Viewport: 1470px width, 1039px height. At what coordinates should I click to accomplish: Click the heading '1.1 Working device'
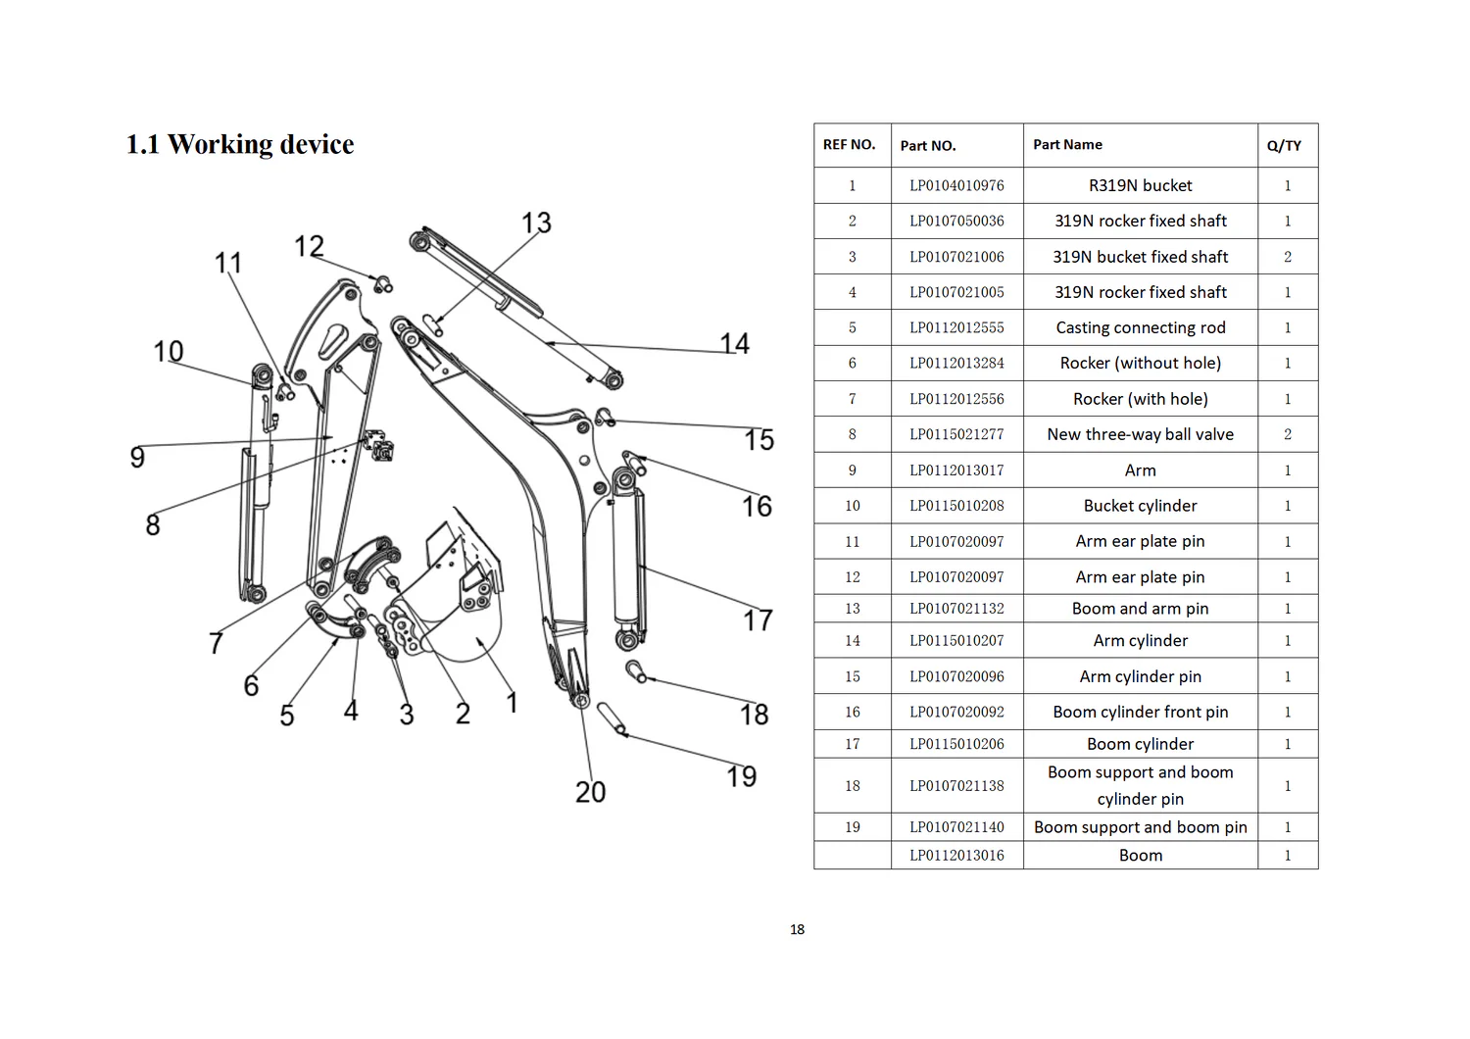coord(240,144)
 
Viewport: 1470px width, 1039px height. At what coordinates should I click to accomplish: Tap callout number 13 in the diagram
coord(536,223)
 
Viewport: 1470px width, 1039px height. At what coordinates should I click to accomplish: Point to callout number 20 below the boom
coord(590,792)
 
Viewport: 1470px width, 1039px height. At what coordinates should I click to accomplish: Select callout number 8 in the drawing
coord(153,525)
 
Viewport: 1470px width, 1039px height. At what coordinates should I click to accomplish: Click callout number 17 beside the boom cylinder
coord(758,620)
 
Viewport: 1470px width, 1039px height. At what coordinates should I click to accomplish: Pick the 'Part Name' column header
coord(1068,144)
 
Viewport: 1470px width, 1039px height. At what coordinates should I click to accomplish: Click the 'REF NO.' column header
coord(850,144)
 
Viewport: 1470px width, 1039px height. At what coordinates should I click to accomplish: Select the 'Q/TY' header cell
coord(1284,146)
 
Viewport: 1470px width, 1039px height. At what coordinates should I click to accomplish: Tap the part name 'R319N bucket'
coord(1141,186)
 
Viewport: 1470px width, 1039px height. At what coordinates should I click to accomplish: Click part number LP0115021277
coord(956,434)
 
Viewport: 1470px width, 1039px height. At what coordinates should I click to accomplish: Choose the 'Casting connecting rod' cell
coord(1141,327)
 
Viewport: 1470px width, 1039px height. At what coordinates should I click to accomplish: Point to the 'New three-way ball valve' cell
coord(1141,434)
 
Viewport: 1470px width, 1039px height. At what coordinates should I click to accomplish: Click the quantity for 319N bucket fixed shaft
coord(1288,257)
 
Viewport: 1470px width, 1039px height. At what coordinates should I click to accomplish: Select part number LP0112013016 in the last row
coord(956,856)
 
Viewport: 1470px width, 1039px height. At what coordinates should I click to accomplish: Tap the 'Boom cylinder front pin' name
coord(1141,713)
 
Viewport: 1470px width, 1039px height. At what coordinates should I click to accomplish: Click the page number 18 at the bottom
coord(798,929)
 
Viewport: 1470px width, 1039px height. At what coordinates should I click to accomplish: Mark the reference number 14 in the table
coord(852,641)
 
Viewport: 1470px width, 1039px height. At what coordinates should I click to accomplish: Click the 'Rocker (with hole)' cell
coord(1141,399)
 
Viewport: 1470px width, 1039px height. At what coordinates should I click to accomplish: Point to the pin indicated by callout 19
coord(612,718)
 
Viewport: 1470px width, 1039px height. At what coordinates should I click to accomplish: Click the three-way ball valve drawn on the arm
coord(378,445)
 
